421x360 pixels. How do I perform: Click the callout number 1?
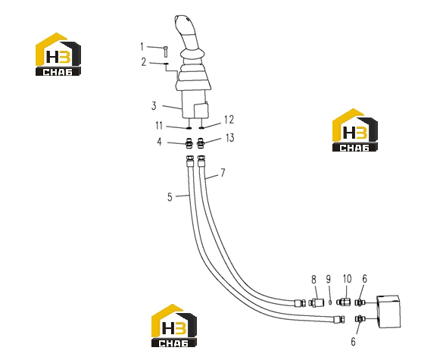pos(142,47)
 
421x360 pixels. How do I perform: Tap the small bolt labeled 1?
pos(166,52)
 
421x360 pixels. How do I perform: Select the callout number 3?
pos(154,105)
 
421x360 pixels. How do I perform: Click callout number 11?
pos(159,126)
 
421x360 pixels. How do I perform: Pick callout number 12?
pos(229,120)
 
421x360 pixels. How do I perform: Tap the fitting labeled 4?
pos(189,142)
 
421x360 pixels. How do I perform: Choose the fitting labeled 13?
pos(200,142)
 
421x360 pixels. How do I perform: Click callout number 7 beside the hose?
pos(223,173)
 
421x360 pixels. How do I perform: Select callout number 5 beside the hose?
pos(170,197)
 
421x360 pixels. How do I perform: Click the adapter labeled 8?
pos(317,303)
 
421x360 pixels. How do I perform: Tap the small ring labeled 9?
pos(330,302)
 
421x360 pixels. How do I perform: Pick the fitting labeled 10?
pos(344,302)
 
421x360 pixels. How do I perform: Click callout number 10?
pos(347,279)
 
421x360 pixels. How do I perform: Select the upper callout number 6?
pos(365,279)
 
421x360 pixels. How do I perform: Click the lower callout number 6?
pos(354,342)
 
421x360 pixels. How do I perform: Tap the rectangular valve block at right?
pos(388,311)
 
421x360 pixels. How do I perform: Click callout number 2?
pos(144,62)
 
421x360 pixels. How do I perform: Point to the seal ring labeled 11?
pos(189,128)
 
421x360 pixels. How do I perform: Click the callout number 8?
pos(314,280)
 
